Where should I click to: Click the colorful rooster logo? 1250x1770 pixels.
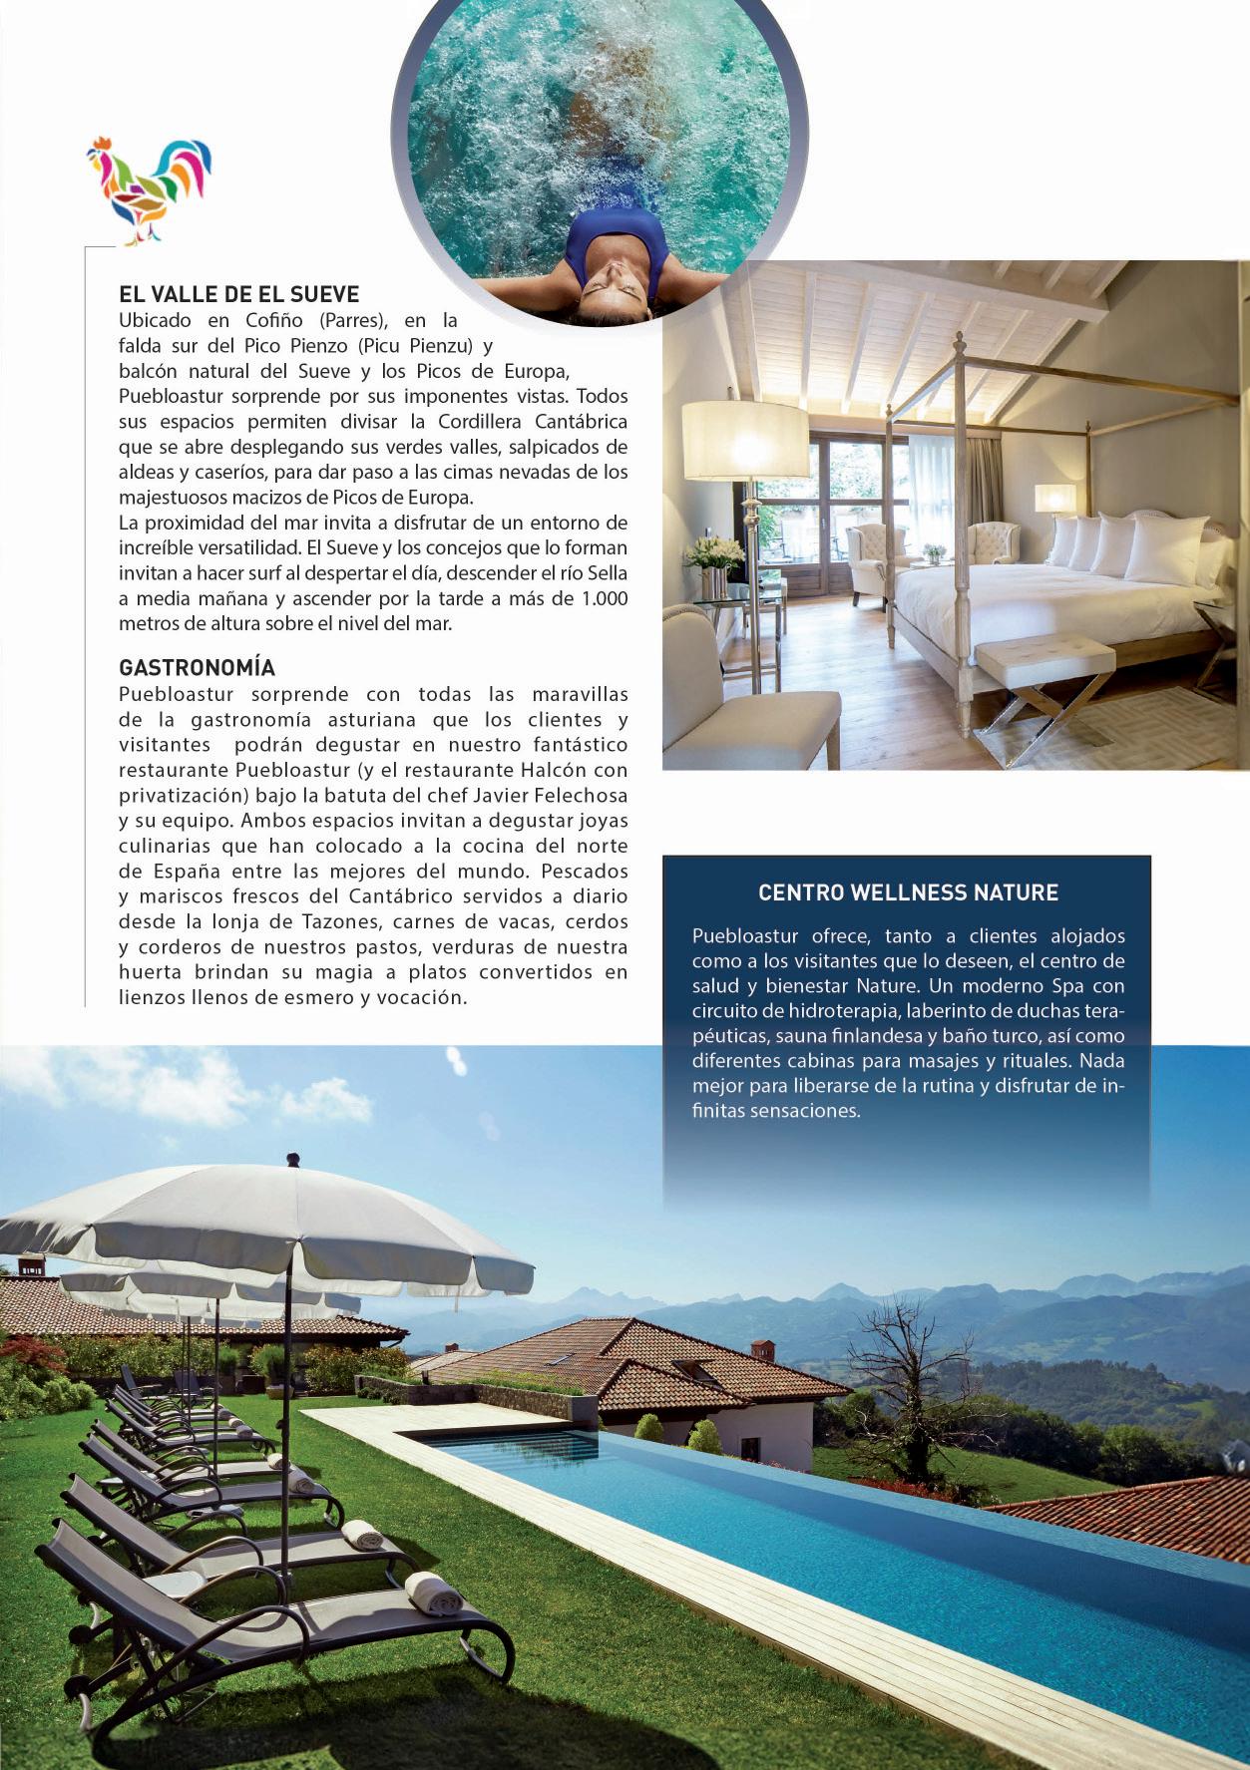point(150,189)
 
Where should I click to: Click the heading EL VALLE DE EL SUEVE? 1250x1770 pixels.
point(238,294)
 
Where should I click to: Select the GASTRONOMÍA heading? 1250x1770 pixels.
point(197,667)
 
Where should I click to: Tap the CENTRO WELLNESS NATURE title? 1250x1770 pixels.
point(908,891)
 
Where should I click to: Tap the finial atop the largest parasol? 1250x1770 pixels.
point(292,1159)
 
